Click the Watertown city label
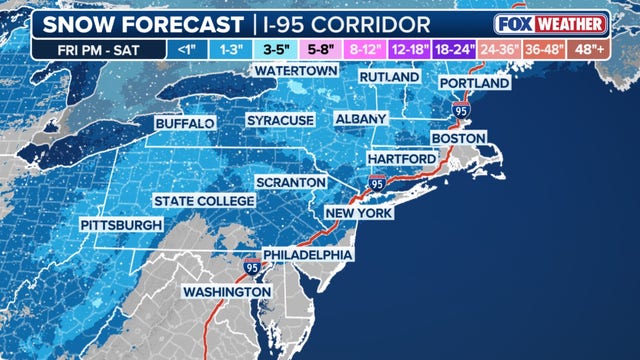coord(294,72)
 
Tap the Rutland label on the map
coord(391,77)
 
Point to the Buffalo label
coord(185,123)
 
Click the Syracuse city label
coord(281,120)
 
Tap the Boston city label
coord(458,137)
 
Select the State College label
coord(205,201)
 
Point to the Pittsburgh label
coord(121,224)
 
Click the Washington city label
coord(226,292)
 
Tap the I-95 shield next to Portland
coord(460,109)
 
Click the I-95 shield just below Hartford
coord(377,184)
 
